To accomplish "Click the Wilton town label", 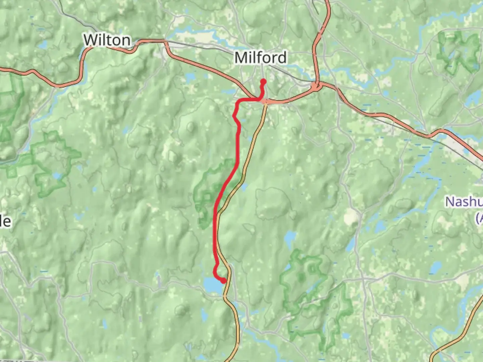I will tap(107, 40).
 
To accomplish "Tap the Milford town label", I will tap(260, 58).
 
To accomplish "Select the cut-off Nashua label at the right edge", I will tap(465, 202).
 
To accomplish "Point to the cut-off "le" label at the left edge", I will tap(5, 221).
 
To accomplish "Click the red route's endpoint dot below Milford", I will tap(263, 81).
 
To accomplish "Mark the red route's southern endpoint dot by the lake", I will tap(223, 281).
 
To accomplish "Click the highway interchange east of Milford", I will tap(316, 86).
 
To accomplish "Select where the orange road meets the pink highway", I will tap(265, 102).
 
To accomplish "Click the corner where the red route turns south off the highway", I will tap(238, 101).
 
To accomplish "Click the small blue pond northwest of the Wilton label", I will tap(43, 45).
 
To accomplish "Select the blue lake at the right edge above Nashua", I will tap(475, 97).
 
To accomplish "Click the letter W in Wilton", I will tap(90, 40).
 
